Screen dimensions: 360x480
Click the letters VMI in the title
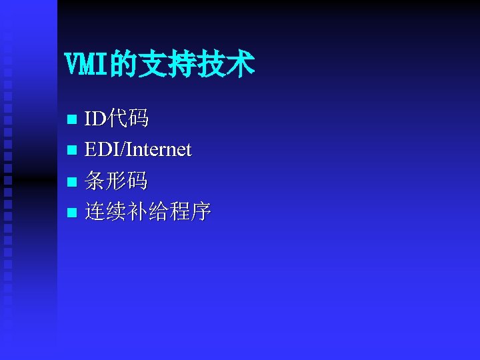(x=87, y=65)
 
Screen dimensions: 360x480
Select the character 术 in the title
(x=241, y=65)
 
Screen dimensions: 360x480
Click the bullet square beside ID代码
(x=73, y=121)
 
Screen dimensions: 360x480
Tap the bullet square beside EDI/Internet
(x=73, y=151)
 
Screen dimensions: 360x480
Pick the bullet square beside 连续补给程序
(x=73, y=213)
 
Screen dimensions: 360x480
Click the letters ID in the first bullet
(x=95, y=120)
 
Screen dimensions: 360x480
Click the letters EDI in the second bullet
(x=101, y=150)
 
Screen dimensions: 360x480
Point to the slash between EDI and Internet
(x=122, y=150)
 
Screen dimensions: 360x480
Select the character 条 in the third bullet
(x=96, y=181)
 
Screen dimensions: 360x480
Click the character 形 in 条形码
(x=117, y=181)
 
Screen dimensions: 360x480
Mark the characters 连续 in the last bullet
(x=107, y=212)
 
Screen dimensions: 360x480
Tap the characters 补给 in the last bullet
(x=149, y=212)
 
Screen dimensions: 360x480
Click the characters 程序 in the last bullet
(x=191, y=212)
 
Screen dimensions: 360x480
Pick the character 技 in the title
(x=214, y=65)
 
